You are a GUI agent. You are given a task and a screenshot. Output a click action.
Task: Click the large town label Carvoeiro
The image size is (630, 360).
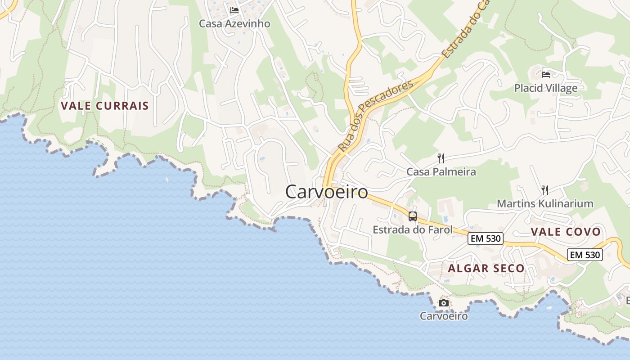(327, 192)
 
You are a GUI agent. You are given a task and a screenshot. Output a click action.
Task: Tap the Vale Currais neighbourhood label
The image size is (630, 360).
(105, 106)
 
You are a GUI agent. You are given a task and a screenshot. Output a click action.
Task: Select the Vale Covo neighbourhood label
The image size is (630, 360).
(566, 232)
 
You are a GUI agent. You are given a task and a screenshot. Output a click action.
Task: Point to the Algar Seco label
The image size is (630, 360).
(486, 268)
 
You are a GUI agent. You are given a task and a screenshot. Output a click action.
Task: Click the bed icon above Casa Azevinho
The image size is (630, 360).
(234, 10)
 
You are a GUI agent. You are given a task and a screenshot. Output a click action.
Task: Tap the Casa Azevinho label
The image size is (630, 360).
(234, 23)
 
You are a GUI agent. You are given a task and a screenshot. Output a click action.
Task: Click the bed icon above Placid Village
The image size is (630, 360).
(546, 74)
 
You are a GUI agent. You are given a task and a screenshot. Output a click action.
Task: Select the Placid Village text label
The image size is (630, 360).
(546, 88)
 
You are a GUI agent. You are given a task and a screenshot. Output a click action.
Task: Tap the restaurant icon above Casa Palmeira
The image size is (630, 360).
(441, 158)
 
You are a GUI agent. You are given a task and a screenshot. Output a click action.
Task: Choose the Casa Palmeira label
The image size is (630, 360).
(441, 171)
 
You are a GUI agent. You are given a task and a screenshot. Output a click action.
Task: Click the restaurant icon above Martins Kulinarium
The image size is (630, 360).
(544, 190)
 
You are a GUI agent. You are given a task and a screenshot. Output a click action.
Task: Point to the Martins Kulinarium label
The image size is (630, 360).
(545, 203)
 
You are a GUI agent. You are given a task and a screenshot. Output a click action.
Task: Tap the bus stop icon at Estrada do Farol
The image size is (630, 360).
(412, 216)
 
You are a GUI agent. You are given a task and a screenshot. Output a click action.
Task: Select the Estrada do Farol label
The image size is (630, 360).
(412, 229)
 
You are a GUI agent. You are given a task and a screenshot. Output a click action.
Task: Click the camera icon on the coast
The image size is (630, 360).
(444, 303)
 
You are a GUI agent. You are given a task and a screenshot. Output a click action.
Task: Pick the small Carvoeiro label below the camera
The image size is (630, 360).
(444, 316)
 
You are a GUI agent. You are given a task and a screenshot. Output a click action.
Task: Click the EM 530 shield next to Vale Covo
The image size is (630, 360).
(585, 255)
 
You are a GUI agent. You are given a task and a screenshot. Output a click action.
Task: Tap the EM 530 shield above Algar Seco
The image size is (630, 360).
(485, 238)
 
